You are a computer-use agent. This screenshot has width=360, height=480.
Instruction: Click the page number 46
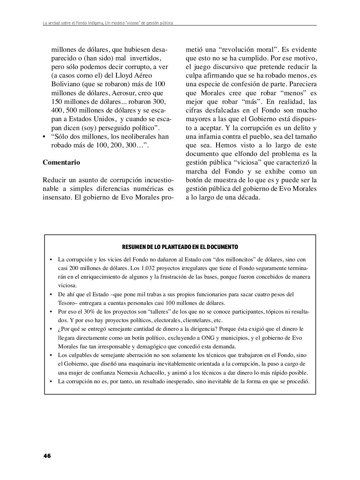pos(47,456)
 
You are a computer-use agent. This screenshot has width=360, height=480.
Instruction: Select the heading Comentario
pos(61,162)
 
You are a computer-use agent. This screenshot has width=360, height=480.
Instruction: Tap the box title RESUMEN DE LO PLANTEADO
pos(180,247)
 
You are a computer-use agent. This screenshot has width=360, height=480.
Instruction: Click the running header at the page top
pos(108,23)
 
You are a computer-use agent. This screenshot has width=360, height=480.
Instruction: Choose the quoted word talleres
pos(160,312)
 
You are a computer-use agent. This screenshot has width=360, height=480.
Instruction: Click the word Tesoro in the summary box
pos(66,303)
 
